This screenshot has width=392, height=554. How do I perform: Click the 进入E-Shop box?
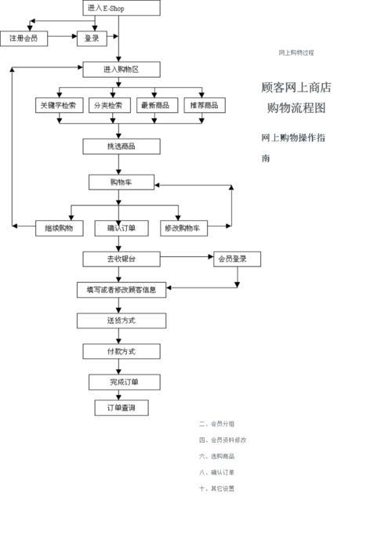point(121,8)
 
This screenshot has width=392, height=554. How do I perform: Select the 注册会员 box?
point(24,38)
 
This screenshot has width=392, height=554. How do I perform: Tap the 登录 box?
point(92,38)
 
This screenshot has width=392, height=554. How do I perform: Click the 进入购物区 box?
point(121,70)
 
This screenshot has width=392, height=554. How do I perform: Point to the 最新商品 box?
point(155,105)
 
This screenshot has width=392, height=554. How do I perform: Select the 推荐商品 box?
point(203,105)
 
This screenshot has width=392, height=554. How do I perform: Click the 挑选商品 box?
point(121,147)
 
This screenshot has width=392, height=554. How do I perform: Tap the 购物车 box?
point(121,182)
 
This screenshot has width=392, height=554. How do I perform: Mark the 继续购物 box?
point(60,228)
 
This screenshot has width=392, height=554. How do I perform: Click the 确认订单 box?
point(121,228)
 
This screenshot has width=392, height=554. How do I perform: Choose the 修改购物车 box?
point(182,228)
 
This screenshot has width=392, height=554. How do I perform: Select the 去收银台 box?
point(121,259)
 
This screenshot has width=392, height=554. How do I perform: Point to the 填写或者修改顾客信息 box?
point(121,289)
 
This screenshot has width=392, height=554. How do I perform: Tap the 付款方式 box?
point(121,351)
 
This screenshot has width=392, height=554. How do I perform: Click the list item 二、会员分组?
point(217,424)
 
